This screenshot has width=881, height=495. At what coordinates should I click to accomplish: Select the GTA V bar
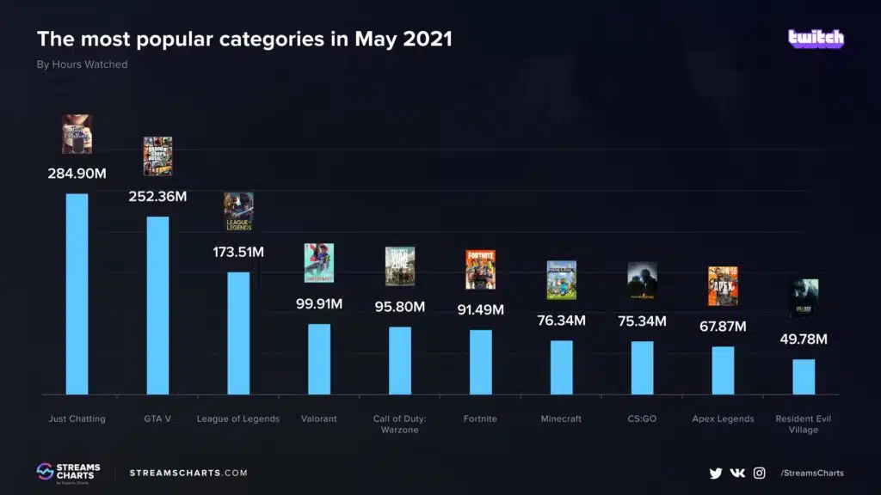point(157,305)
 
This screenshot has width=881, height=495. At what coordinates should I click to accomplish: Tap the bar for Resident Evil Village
point(804,376)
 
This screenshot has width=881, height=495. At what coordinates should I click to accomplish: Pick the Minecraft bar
point(561,367)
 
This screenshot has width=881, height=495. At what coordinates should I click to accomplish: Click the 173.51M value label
point(238,253)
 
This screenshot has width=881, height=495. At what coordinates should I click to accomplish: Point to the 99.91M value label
point(319,304)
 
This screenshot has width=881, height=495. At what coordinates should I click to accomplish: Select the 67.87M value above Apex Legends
point(723,327)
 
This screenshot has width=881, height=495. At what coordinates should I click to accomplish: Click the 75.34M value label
point(642,321)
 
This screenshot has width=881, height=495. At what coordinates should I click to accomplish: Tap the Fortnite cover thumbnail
point(480,269)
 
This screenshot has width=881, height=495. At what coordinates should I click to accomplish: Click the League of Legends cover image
point(238,211)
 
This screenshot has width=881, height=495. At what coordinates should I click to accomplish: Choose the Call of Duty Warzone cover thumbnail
point(400,266)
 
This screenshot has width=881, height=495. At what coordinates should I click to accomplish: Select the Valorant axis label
point(319,419)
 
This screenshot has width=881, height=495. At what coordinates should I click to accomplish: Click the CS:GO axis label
point(642,419)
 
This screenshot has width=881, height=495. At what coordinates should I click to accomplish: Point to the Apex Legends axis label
point(723,419)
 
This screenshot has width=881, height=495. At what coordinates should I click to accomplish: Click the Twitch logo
point(816,39)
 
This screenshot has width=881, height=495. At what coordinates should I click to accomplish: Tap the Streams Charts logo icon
point(45,472)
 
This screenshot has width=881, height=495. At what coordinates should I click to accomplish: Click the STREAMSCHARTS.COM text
point(188,473)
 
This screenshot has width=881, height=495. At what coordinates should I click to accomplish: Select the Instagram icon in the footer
point(760,473)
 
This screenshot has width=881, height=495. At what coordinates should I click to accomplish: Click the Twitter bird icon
point(715,473)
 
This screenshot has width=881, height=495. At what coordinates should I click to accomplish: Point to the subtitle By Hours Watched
point(82,64)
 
